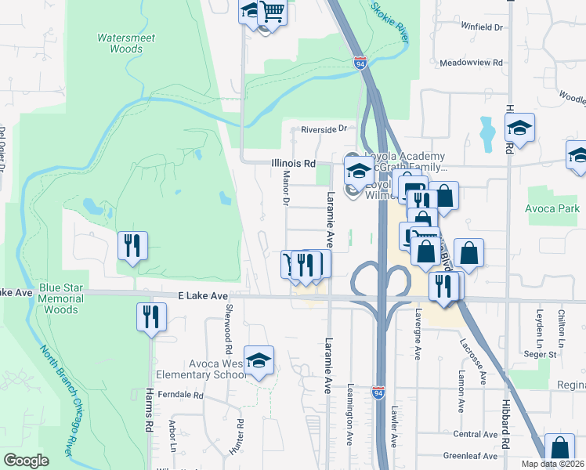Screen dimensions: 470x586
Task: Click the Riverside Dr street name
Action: coord(324,129)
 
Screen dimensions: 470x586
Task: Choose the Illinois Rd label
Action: coord(293,164)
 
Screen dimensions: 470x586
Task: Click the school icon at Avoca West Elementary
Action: coord(259,361)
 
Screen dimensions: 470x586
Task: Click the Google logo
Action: coord(26,461)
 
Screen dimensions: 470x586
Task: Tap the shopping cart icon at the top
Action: coord(272,12)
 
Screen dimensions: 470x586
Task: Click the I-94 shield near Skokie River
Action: coord(360,63)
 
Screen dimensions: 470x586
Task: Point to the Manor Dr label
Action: coord(286,191)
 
